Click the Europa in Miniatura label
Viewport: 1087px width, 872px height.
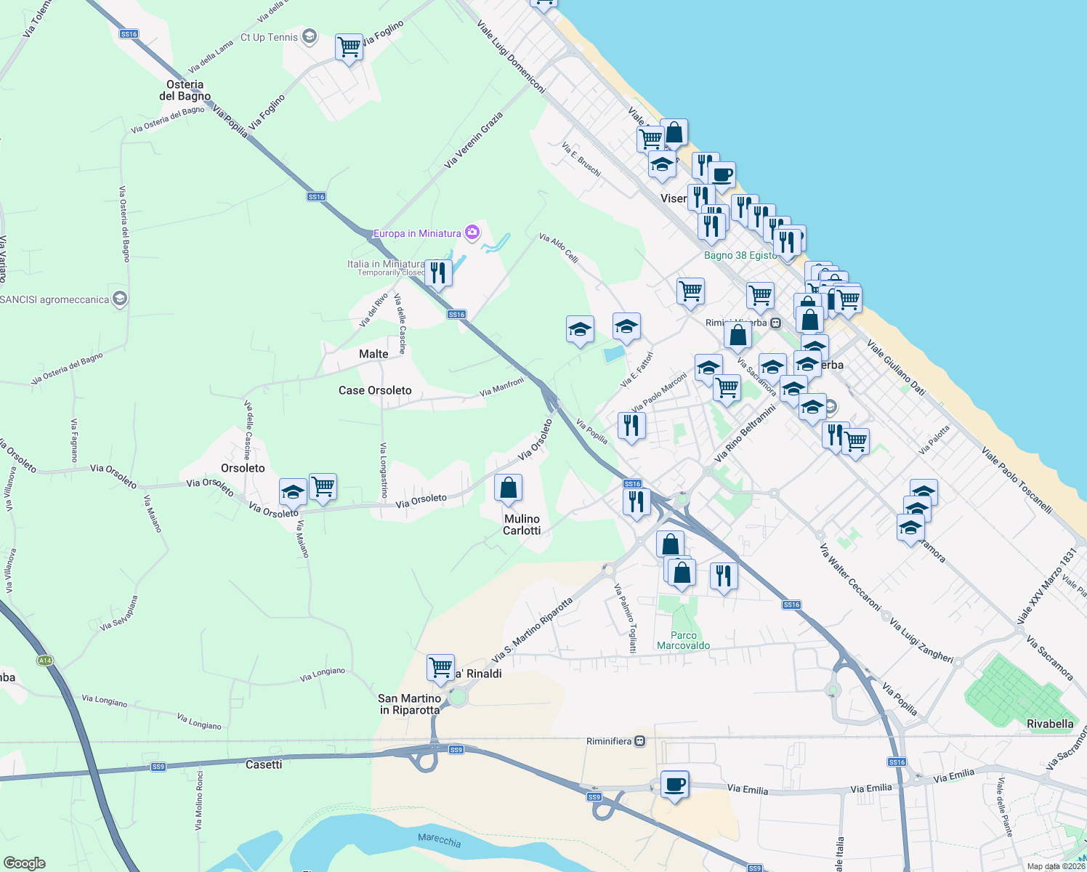[x=417, y=233]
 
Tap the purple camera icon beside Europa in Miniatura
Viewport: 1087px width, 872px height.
[x=472, y=233]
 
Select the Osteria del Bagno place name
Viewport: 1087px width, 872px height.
[x=185, y=90]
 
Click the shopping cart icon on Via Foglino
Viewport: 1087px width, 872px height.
[x=349, y=47]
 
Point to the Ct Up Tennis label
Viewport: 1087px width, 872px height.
[x=269, y=37]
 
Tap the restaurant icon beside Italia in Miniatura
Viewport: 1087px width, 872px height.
[x=437, y=272]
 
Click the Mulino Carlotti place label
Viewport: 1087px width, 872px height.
[x=522, y=525]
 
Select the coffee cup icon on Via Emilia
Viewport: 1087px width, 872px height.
[x=675, y=785]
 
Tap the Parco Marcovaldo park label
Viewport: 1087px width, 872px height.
[x=683, y=640]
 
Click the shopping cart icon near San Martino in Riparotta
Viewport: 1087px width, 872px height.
[x=440, y=666]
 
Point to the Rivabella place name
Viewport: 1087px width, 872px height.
[x=1050, y=724]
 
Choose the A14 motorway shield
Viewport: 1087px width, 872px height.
[x=45, y=661]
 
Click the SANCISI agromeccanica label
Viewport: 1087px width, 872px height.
[x=55, y=299]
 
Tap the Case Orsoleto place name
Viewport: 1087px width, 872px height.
[x=375, y=390]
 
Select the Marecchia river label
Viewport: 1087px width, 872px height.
[x=439, y=840]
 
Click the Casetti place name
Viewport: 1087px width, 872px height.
[x=264, y=764]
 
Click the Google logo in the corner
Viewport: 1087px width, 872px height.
[x=24, y=863]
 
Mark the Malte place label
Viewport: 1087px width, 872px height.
[x=373, y=354]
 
